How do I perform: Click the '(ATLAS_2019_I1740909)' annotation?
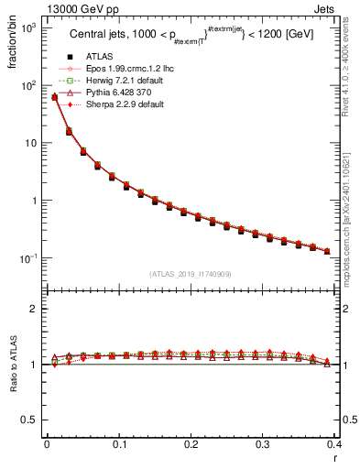tap(190, 274)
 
